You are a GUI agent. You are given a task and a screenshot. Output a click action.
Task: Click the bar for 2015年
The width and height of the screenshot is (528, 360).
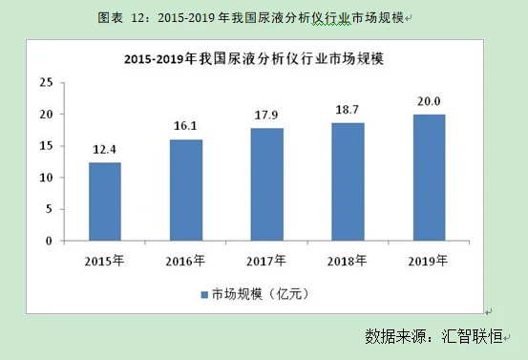tap(105, 201)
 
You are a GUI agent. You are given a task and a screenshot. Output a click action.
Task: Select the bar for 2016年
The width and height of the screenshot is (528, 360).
tap(186, 190)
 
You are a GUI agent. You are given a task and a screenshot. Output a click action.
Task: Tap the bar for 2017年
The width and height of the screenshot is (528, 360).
tap(267, 184)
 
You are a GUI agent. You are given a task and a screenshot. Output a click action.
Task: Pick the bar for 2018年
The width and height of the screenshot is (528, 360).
tap(348, 181)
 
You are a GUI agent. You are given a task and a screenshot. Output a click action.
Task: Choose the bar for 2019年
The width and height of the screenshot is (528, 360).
tap(430, 178)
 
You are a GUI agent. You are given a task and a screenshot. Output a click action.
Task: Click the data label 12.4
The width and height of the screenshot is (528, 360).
tap(105, 150)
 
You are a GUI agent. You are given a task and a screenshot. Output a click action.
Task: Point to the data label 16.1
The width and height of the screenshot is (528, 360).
tap(186, 126)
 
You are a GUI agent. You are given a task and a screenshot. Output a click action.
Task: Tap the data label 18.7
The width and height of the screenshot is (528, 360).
tap(348, 110)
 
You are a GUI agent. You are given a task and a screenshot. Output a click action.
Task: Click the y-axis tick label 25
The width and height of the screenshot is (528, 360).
tap(45, 82)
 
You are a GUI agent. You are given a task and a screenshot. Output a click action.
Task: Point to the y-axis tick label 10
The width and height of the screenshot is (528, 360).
tap(45, 178)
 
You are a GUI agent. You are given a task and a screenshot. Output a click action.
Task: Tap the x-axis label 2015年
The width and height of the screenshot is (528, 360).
tap(105, 260)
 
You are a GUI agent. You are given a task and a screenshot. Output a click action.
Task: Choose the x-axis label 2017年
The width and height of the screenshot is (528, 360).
tap(267, 260)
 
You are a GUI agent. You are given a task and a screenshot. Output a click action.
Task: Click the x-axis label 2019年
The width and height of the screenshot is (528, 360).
tap(430, 260)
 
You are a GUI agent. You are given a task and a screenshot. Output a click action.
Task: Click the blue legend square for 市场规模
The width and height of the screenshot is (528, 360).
tap(203, 292)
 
